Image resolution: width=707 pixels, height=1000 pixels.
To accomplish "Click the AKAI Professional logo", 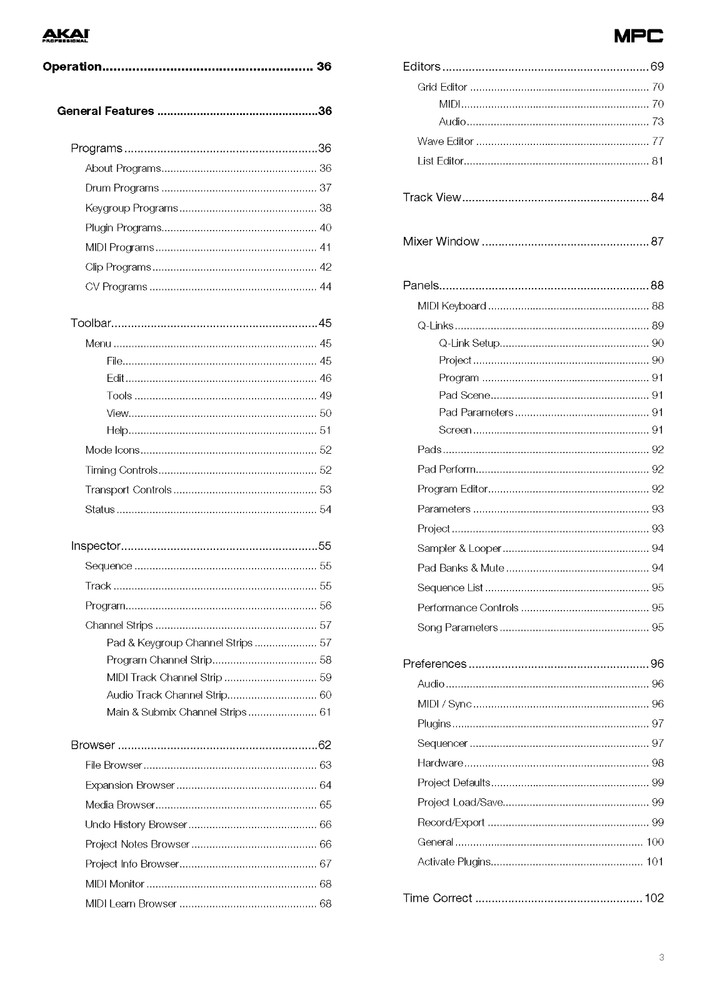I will (x=65, y=36).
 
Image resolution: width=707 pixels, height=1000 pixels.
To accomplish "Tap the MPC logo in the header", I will (x=639, y=36).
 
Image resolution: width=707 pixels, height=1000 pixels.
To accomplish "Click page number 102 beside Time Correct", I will (x=654, y=898).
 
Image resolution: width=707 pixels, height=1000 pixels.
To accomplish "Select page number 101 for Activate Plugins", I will (x=655, y=861).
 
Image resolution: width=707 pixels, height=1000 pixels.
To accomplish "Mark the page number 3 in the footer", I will (x=661, y=958).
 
